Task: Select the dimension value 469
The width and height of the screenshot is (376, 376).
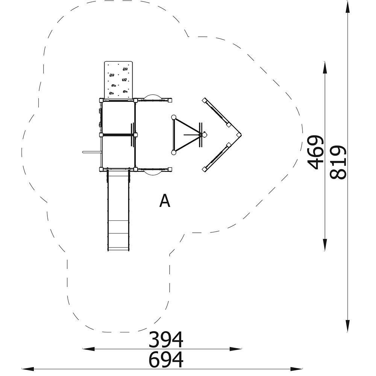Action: coord(315,152)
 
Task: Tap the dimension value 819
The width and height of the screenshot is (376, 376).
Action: coord(338,162)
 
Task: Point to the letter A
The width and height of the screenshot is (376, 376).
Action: coord(165,200)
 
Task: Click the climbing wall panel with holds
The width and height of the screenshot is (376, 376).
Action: coord(118,80)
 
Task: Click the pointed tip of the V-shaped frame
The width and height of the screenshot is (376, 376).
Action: coord(241,135)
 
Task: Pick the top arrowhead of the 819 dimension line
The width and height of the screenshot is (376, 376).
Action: coord(347,7)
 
